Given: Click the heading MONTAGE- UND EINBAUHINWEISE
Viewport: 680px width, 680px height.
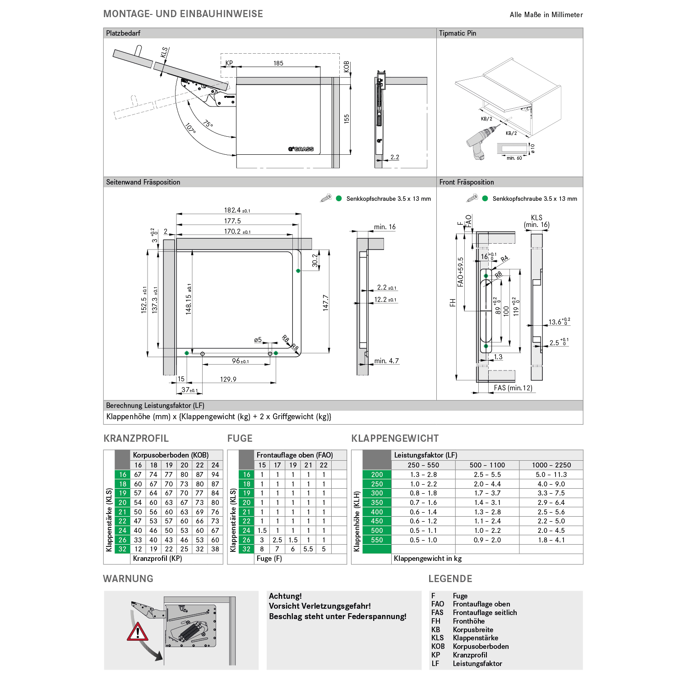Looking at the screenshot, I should point(183,14).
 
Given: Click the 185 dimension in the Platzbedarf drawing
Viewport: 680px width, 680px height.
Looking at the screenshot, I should point(278,63).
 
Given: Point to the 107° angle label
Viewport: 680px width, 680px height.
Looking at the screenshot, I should point(190,129).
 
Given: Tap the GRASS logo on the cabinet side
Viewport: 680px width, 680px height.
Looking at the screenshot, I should point(301,149).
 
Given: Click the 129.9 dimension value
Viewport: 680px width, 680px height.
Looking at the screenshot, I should point(228,379).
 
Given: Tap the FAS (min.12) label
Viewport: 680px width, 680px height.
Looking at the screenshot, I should point(513,388).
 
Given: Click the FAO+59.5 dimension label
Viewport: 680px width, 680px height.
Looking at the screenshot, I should point(460,272).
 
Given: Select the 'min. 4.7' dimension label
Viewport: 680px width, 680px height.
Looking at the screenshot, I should point(387,361).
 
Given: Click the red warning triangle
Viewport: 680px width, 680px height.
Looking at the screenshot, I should point(138,632).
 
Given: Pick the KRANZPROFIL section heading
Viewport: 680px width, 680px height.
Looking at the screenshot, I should point(136,439).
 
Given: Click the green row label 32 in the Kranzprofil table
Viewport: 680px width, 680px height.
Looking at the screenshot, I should point(123,549).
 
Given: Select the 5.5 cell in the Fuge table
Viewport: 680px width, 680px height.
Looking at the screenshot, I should point(308,549).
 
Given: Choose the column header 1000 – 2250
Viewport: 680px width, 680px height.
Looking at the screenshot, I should point(551,465).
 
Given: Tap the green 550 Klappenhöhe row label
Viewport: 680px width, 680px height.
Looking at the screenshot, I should point(377,540).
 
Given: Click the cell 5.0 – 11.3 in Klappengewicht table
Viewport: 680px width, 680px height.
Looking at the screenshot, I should point(551,475).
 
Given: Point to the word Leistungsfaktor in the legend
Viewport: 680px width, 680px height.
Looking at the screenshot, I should point(477,664).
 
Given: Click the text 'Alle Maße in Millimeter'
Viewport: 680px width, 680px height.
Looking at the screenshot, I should point(546,15).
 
